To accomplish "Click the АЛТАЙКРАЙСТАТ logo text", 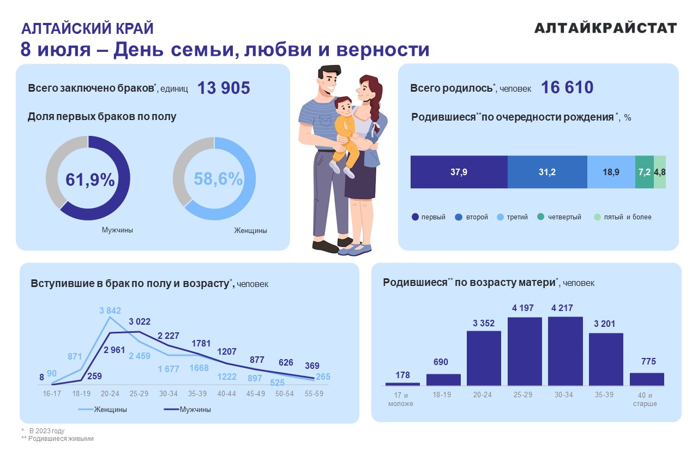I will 605,28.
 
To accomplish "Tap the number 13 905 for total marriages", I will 224,88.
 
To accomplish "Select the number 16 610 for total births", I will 567,87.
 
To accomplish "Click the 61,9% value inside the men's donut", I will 90,180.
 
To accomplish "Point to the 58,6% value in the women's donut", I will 218,179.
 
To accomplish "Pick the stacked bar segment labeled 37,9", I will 458,172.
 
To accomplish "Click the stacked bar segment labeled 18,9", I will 611,172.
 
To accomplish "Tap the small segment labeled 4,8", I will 660,172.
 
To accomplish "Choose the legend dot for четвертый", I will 541,217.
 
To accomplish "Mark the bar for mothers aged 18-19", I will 443,380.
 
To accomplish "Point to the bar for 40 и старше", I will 647,379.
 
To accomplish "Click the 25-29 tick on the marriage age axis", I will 140,393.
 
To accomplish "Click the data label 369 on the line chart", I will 312,366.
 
